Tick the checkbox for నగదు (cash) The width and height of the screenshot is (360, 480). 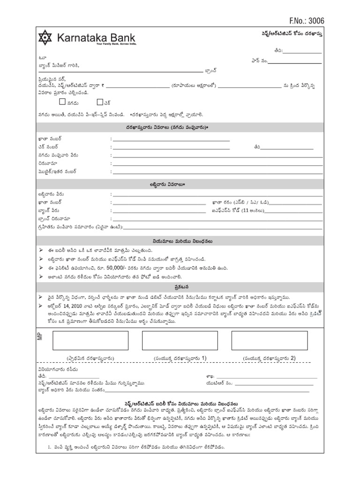click(x=62, y=101)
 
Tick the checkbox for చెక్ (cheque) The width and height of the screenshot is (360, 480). click(x=100, y=101)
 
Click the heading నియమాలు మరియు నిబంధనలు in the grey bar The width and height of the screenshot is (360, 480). click(x=180, y=241)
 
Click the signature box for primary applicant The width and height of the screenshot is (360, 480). click(x=90, y=340)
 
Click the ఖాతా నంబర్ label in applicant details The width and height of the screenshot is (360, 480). click(x=50, y=139)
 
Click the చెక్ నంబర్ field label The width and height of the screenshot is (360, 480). click(x=50, y=147)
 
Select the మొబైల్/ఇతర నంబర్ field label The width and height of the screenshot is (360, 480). click(x=57, y=172)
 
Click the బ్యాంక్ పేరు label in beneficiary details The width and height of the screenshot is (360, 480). click(x=49, y=210)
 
